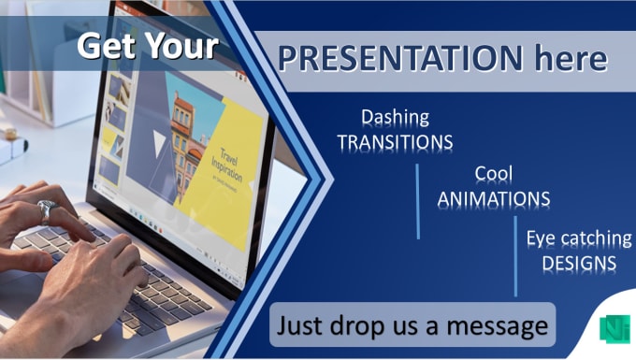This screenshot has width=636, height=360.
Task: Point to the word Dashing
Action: point(396,118)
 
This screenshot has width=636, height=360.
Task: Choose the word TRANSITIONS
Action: point(396,141)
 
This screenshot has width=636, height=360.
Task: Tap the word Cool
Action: point(494,174)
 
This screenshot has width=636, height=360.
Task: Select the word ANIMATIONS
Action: point(494,198)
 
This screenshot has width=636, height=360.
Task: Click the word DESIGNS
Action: point(579,263)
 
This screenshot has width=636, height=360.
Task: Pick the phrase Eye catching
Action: point(579,238)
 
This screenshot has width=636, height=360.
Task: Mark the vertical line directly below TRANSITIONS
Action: point(418,201)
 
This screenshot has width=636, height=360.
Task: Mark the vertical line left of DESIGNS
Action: point(515,255)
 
